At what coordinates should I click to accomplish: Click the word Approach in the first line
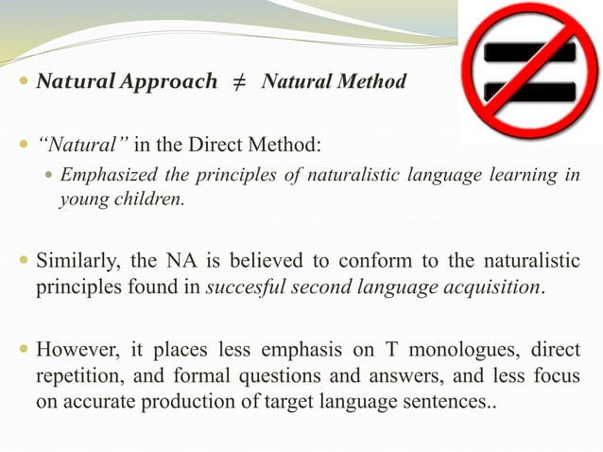(171, 82)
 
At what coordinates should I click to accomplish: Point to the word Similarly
(79, 260)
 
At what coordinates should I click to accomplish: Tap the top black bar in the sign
(529, 50)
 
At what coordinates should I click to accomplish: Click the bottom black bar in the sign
(529, 92)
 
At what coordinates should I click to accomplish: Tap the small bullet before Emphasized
(50, 176)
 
